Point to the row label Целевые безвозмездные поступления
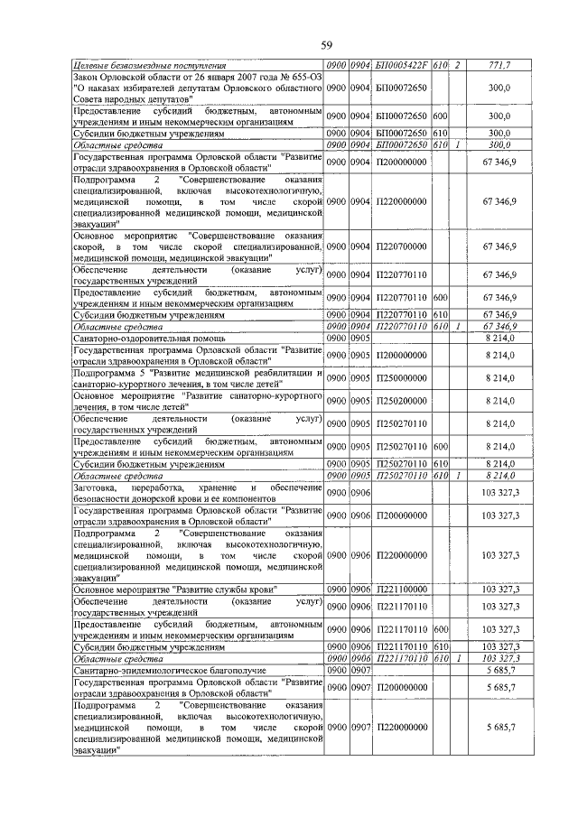(x=150, y=66)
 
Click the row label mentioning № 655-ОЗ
(x=198, y=88)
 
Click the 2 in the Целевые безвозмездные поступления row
(x=459, y=66)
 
